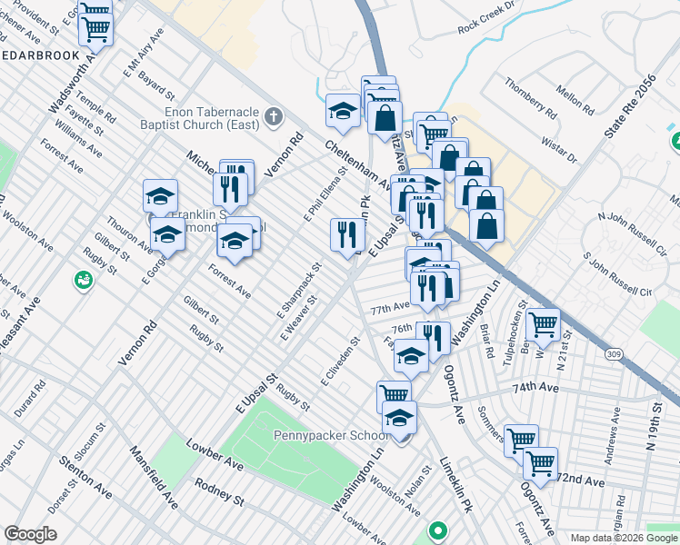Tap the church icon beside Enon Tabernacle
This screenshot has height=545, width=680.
[277, 117]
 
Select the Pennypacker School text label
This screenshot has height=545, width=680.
[333, 435]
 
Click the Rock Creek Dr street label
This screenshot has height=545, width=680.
[487, 26]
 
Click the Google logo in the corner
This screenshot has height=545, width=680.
[30, 534]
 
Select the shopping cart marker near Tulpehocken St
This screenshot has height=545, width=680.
[543, 323]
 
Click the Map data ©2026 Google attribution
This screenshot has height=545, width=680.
[625, 538]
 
